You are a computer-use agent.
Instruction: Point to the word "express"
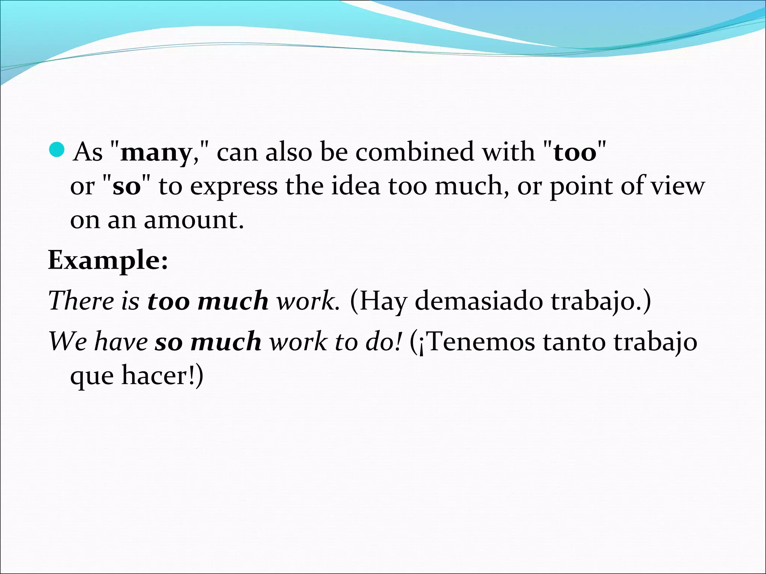[234, 186]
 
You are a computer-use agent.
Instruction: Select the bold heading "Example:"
[108, 260]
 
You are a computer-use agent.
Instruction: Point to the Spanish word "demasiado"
[479, 300]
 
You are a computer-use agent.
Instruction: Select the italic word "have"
[121, 342]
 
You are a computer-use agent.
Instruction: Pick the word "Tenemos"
[481, 342]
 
